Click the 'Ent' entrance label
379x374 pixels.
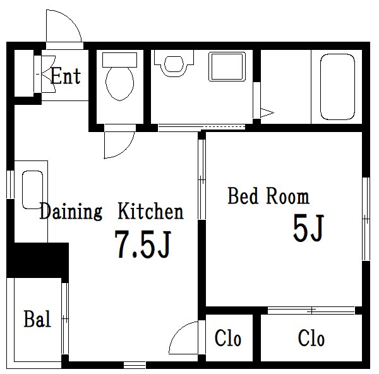tap(66, 76)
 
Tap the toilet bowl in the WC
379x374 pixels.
tap(119, 83)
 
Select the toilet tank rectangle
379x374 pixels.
tap(119, 60)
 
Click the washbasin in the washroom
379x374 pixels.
tap(174, 64)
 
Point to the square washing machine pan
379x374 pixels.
tap(227, 66)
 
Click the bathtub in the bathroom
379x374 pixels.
tap(337, 87)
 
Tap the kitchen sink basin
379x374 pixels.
tap(32, 190)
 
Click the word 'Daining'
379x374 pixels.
tap(71, 212)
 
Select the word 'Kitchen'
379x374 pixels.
tap(150, 211)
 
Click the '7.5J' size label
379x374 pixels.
tap(143, 244)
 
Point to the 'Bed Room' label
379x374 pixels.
tap(268, 196)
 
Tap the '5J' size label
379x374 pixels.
tap(308, 227)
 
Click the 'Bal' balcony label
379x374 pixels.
tap(37, 319)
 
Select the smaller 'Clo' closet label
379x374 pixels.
tap(227, 338)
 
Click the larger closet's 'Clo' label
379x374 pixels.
tap(311, 338)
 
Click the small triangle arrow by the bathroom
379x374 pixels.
tap(267, 112)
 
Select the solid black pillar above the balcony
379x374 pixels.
tap(37, 260)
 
